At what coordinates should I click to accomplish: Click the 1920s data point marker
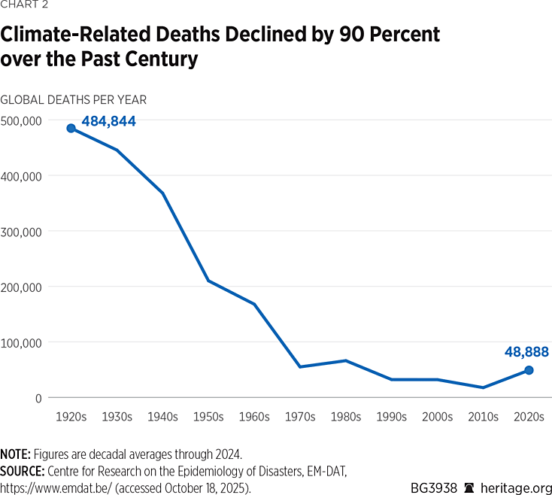point(71,129)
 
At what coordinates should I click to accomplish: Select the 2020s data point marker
point(529,370)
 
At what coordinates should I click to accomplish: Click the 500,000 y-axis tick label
point(23,120)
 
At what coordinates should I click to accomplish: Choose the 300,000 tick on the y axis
point(23,231)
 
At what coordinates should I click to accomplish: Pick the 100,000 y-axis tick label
point(23,342)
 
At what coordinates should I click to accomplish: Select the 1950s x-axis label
point(208,416)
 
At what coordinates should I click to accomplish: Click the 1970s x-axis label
point(300,416)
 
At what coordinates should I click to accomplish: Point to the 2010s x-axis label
point(483,416)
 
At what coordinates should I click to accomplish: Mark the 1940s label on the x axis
point(162,416)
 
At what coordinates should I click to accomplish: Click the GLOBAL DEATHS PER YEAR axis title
point(74,99)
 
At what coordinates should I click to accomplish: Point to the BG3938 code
point(434,487)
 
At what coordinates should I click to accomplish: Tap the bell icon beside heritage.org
point(470,487)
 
